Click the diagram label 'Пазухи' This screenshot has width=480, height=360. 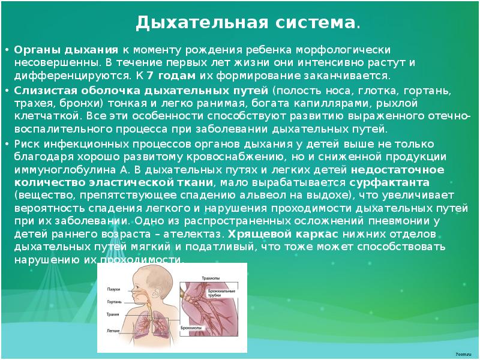(x=113, y=289)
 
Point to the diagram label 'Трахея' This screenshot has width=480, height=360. (x=113, y=314)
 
